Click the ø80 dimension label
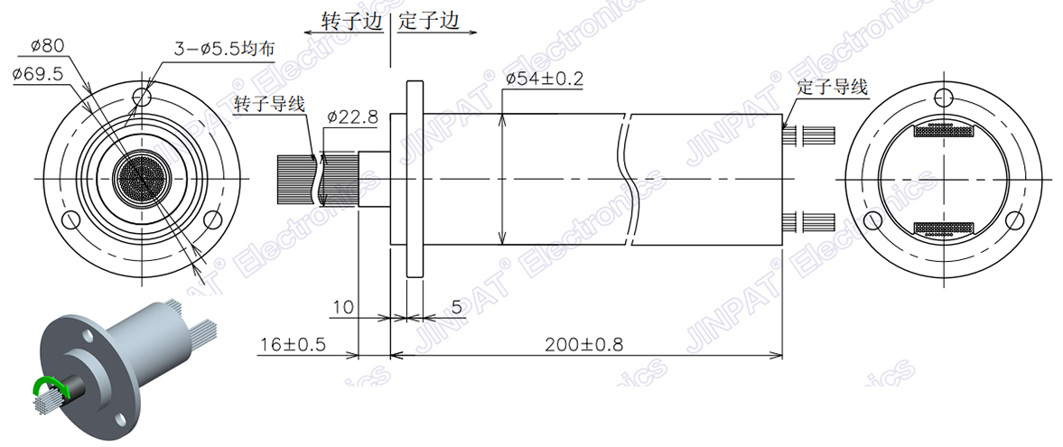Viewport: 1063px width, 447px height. pyautogui.click(x=47, y=44)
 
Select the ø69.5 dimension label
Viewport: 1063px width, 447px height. pyautogui.click(x=38, y=74)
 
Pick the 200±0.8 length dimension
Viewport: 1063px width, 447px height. pyautogui.click(x=583, y=344)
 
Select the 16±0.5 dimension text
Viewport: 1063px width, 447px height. pyautogui.click(x=292, y=344)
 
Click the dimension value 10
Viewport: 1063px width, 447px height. pyautogui.click(x=342, y=307)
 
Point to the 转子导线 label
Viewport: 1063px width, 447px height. pyautogui.click(x=269, y=104)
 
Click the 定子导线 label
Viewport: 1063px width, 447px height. pyautogui.click(x=833, y=87)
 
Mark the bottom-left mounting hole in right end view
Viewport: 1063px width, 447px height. pyautogui.click(x=872, y=220)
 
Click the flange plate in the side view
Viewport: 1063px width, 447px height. pyautogui.click(x=415, y=179)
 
